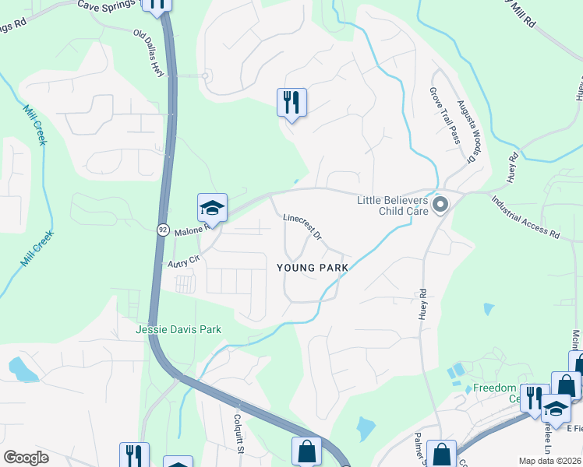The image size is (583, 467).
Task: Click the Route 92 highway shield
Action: click(x=163, y=230)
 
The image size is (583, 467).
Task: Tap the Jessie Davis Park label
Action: click(x=178, y=329)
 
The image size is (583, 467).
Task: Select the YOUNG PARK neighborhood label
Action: click(x=312, y=267)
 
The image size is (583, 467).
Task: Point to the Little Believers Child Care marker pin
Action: click(x=440, y=205)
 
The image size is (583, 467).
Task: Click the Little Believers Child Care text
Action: click(x=393, y=205)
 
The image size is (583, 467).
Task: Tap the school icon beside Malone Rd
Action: click(x=212, y=209)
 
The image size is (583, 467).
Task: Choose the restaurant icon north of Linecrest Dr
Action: click(x=291, y=103)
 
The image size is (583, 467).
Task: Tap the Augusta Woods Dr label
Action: click(x=466, y=130)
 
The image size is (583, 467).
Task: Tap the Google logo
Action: click(x=26, y=458)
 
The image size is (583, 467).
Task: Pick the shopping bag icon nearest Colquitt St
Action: click(x=306, y=451)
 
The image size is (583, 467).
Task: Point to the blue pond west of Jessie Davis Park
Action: click(x=23, y=369)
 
